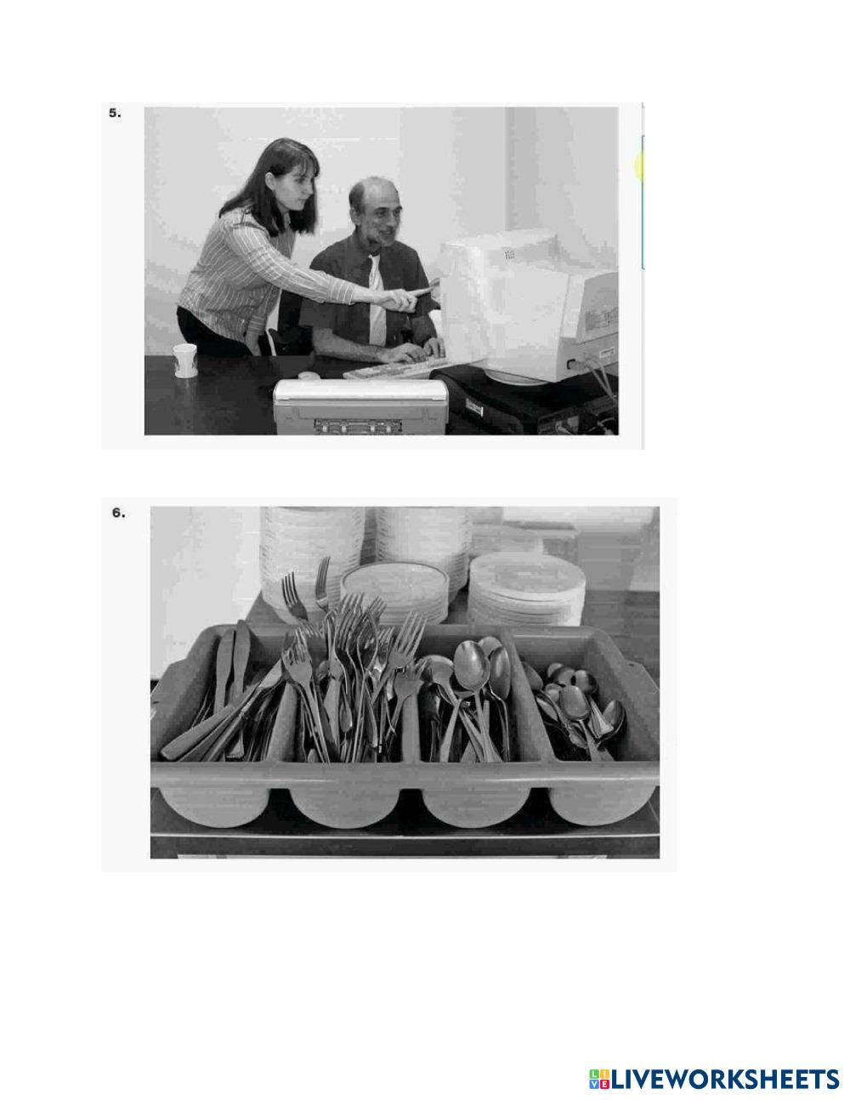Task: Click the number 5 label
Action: point(115,113)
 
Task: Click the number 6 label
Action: point(118,513)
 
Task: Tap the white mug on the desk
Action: point(184,360)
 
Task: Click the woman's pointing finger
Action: point(427,290)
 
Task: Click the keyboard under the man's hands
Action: point(394,368)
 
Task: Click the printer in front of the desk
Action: point(360,407)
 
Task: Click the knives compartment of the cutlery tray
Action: point(223,699)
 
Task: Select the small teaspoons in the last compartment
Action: point(582,704)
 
